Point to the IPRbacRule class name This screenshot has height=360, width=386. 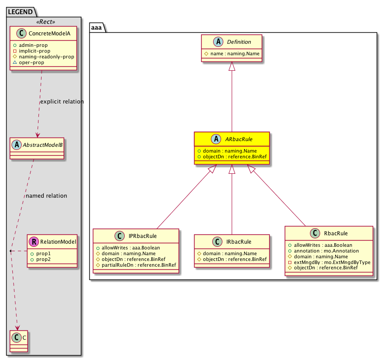point(142,236)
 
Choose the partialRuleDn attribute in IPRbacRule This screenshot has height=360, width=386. point(138,265)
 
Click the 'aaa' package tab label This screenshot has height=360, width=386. point(96,27)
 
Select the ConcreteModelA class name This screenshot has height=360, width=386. point(48,33)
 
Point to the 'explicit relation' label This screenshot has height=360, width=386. point(61,102)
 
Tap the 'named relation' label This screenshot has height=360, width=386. point(46,195)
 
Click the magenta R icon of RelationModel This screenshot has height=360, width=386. point(33,241)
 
